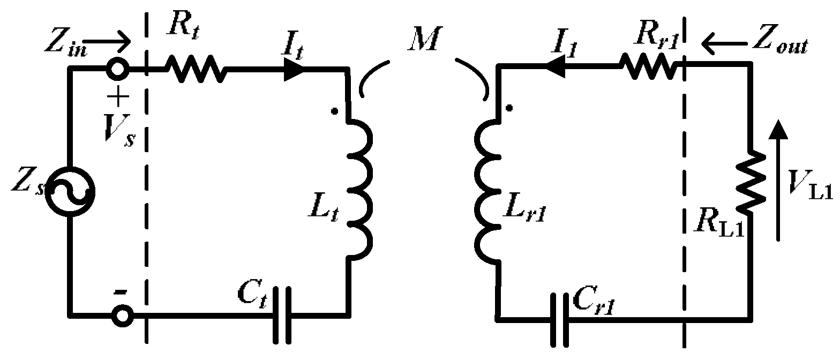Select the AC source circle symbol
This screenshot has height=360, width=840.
(70, 191)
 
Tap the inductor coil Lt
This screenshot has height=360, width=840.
(358, 190)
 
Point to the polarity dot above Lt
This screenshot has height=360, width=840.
(334, 111)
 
